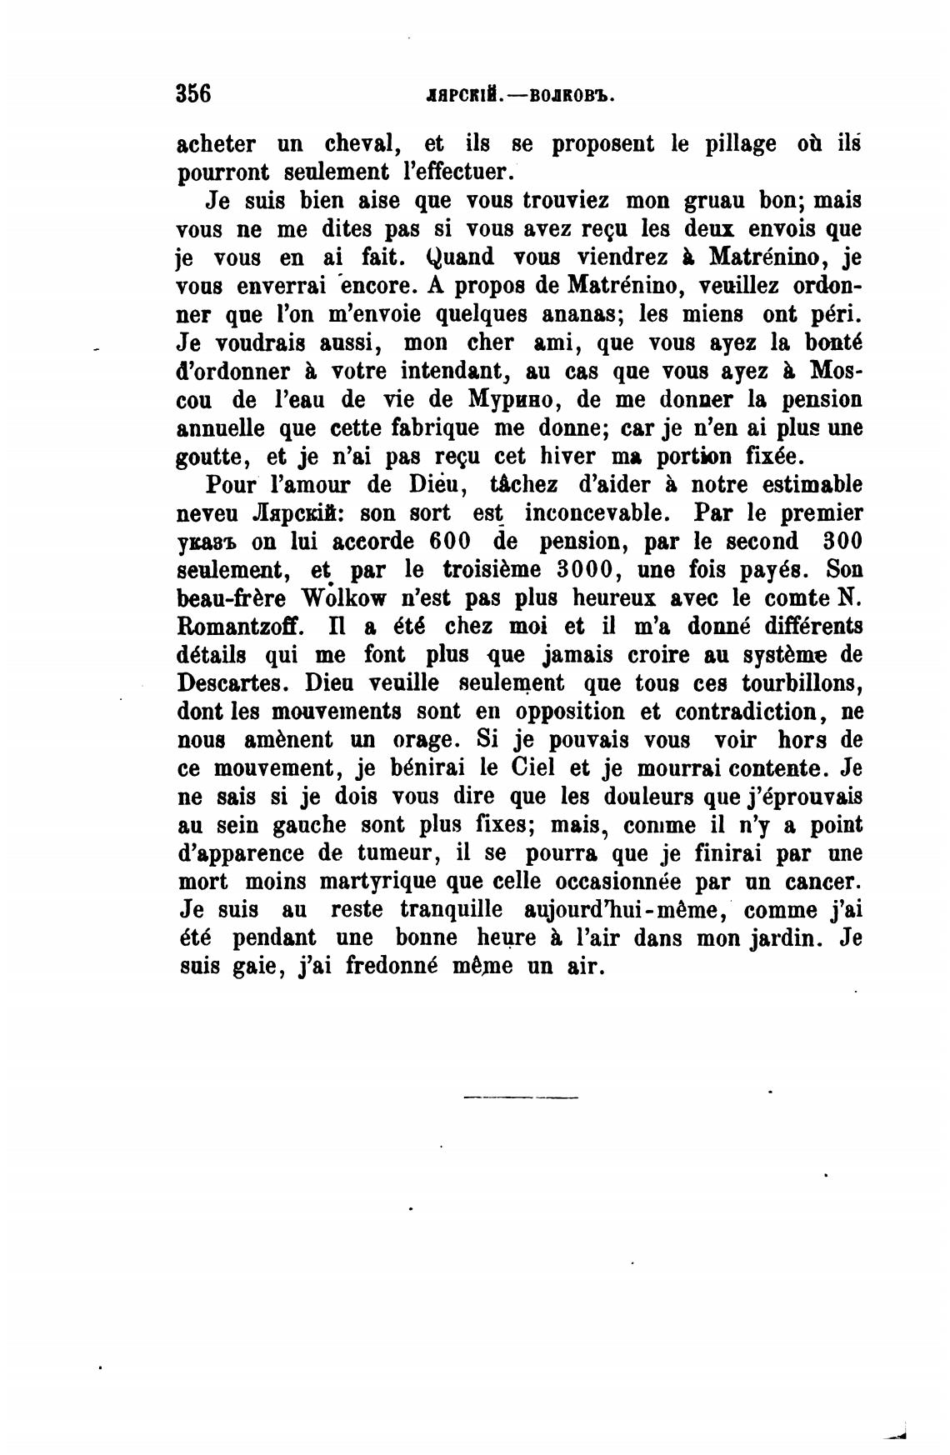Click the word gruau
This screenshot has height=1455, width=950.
coord(719,201)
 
